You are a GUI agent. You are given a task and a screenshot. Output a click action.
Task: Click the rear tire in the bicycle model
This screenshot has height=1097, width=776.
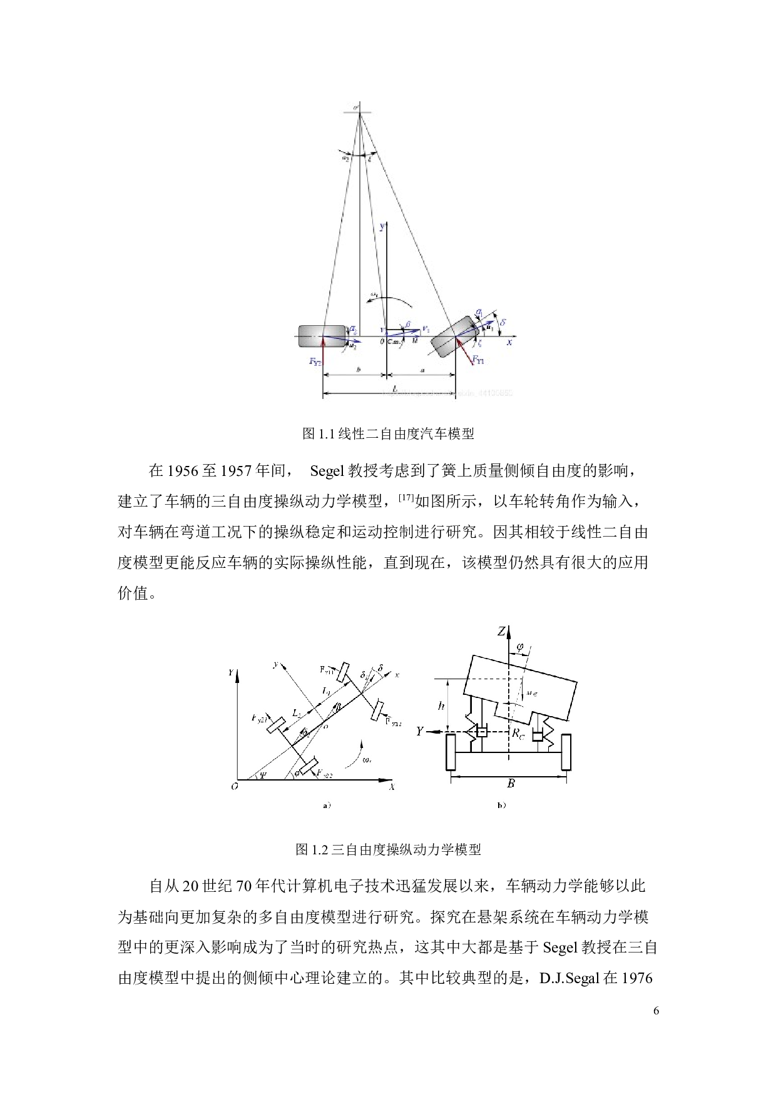click(x=321, y=336)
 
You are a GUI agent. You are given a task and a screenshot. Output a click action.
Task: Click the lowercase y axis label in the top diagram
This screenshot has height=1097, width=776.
click(x=382, y=228)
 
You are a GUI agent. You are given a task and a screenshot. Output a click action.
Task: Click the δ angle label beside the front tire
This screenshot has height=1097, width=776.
click(x=504, y=323)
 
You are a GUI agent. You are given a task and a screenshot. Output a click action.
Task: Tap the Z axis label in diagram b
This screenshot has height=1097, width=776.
click(x=501, y=632)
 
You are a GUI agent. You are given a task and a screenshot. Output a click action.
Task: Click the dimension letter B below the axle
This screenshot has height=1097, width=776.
click(x=511, y=784)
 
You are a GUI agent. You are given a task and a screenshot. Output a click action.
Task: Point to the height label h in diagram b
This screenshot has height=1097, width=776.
click(x=442, y=706)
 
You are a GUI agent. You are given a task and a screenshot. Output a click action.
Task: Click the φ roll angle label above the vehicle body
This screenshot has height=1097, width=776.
click(x=518, y=644)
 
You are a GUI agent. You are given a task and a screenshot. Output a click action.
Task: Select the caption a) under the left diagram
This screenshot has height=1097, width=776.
click(x=326, y=806)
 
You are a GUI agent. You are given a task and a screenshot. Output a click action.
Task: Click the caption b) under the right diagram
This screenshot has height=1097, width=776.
click(x=501, y=806)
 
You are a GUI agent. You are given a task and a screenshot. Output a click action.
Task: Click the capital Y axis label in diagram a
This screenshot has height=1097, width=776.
click(x=231, y=673)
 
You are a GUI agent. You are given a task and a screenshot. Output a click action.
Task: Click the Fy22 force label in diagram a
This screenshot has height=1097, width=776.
click(x=324, y=774)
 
